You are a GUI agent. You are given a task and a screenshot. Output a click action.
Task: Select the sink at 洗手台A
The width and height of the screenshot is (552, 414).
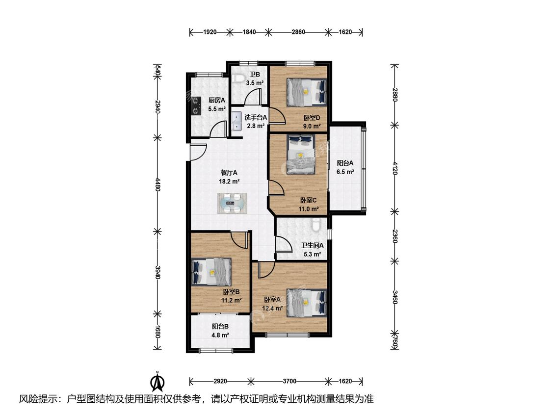[x=237, y=121]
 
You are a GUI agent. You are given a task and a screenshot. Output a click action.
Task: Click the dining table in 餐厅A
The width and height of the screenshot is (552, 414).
[x=232, y=203]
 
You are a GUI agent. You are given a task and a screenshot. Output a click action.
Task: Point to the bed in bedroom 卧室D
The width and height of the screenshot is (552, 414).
[x=306, y=92]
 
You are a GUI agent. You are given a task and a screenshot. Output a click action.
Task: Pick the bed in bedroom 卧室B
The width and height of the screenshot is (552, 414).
[x=211, y=272]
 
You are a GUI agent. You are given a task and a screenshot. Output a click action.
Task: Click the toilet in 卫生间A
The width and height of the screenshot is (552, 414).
[x=316, y=225]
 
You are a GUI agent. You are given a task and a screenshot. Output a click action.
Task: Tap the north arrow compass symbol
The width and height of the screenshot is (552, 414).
[x=158, y=381]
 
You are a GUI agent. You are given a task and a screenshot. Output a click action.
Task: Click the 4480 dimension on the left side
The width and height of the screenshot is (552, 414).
[x=158, y=184]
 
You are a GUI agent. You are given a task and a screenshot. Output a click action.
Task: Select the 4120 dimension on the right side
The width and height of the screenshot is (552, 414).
[x=395, y=168]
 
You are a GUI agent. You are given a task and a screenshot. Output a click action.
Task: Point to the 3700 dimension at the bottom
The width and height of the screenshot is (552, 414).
[x=289, y=381]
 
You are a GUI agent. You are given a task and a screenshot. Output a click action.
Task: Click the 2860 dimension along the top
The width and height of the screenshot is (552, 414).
[x=298, y=32]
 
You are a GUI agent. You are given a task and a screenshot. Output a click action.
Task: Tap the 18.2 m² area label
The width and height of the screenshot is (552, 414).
[x=229, y=181]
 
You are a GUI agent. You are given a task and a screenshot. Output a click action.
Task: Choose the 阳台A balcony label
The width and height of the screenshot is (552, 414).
[x=345, y=163]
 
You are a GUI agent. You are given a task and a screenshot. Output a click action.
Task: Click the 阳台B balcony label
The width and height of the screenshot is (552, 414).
[x=220, y=326]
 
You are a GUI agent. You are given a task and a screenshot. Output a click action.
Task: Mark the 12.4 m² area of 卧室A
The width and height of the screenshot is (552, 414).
[x=272, y=309]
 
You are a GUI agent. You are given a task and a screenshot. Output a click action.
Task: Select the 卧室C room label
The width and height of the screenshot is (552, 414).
[x=309, y=200]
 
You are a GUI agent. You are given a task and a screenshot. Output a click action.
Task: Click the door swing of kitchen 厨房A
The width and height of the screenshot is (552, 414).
[x=217, y=129]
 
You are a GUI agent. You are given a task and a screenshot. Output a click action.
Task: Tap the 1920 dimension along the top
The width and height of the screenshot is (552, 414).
[x=210, y=32]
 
